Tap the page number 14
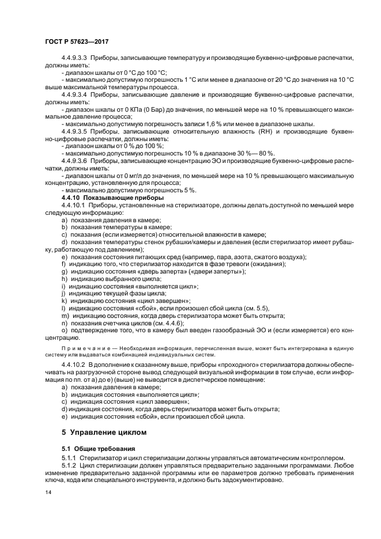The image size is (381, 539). click(x=47, y=493)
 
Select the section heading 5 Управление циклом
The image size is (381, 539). click(x=104, y=431)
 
